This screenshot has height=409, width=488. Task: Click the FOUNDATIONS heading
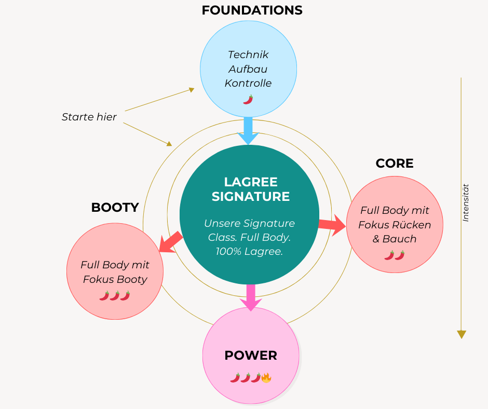(252, 10)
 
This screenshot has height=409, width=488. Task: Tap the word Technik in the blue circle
(248, 54)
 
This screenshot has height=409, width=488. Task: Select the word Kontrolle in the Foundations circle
(248, 83)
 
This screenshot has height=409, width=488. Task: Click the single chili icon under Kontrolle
(248, 99)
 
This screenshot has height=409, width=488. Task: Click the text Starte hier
(89, 117)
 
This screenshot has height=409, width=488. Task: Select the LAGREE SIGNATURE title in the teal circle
(251, 189)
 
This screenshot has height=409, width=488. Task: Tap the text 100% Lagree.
(249, 252)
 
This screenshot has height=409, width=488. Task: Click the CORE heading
(395, 163)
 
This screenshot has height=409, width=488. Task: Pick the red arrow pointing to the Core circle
(332, 225)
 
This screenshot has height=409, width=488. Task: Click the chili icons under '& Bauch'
(394, 255)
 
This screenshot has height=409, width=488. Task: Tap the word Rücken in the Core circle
(412, 225)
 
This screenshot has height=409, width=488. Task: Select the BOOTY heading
(115, 208)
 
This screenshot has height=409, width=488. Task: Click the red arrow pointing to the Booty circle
(170, 243)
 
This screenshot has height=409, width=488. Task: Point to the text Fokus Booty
(115, 279)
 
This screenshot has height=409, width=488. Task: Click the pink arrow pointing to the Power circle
(251, 298)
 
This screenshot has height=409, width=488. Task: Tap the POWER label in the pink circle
(251, 356)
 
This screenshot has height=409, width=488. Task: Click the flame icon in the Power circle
(266, 377)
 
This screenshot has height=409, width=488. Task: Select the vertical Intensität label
(466, 202)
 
